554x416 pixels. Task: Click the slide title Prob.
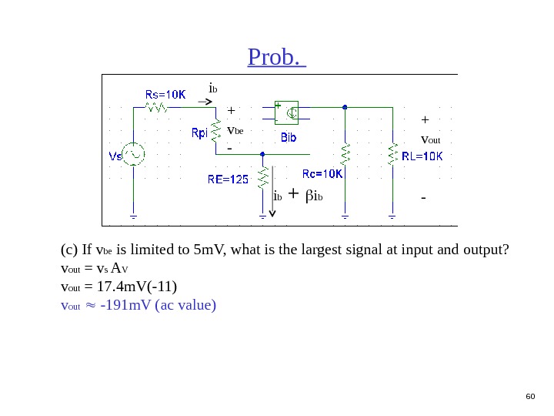[276, 57]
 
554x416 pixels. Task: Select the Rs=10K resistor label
[165, 95]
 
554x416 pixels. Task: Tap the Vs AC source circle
[134, 155]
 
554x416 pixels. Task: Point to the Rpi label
[199, 133]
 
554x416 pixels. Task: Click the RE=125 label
[229, 179]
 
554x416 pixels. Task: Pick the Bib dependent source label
[289, 138]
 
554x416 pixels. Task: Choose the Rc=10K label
[322, 173]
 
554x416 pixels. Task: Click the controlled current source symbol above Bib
[289, 113]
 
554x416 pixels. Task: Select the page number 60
[529, 396]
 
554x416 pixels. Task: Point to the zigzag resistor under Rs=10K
[159, 108]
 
